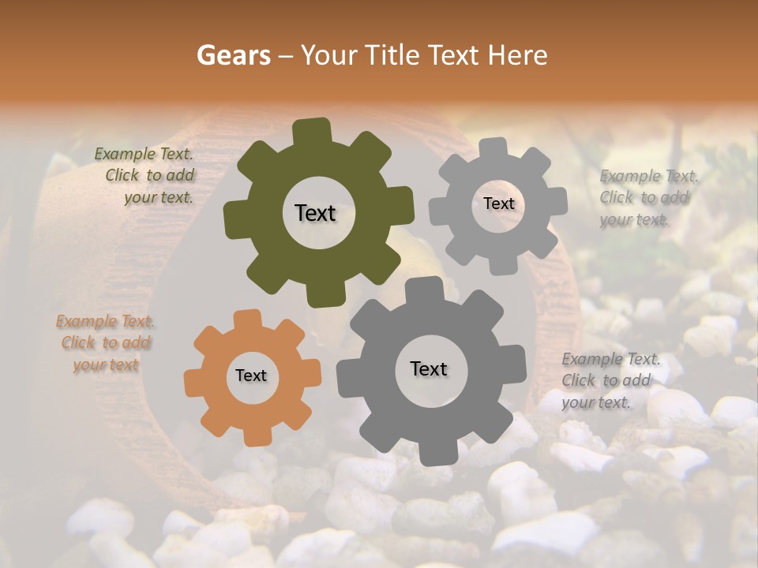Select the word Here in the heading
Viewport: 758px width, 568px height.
tap(517, 55)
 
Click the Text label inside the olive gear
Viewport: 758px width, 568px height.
tap(315, 213)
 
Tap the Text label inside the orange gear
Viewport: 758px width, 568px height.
tap(251, 376)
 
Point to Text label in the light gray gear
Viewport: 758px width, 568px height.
tap(498, 204)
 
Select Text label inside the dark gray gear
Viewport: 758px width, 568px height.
tap(429, 368)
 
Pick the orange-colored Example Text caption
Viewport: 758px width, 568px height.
tap(106, 343)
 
